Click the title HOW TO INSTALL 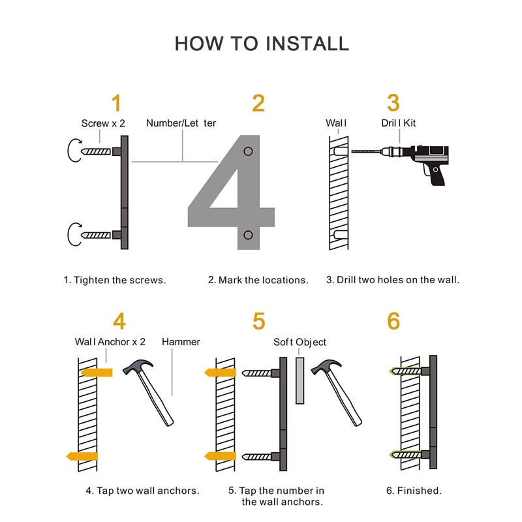tap(262, 44)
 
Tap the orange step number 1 tap(116, 103)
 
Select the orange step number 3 tap(393, 103)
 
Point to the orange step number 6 tap(393, 321)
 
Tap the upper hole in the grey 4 tap(248, 152)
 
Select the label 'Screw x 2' tap(103, 123)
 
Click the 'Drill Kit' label tap(399, 123)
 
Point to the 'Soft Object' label tap(300, 342)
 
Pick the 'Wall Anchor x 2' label tap(110, 342)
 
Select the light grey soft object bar tap(300, 380)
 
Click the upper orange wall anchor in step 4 tap(96, 372)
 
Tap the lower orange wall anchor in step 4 tap(83, 455)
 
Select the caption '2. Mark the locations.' tap(258, 280)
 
